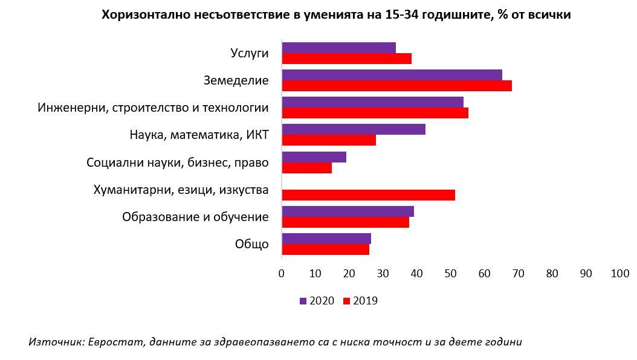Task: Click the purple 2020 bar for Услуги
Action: pos(338,48)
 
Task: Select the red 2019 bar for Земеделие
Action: pos(396,86)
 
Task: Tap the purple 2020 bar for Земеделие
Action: pos(392,75)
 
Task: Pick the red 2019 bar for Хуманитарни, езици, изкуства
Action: pos(368,194)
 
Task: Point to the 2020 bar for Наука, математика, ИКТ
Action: pos(354,129)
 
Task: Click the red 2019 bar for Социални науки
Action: pos(306,167)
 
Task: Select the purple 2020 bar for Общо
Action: pos(326,239)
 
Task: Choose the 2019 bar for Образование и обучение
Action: pos(345,222)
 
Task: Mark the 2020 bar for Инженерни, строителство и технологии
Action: pos(372,102)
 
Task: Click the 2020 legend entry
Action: pos(317,301)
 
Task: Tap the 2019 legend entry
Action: pos(360,301)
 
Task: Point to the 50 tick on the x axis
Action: pos(451,274)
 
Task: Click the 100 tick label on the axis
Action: pos(620,274)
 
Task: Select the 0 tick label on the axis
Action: pos(282,274)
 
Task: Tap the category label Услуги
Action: pos(250,53)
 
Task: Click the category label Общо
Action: pos(251,244)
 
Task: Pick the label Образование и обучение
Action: pos(195,217)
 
